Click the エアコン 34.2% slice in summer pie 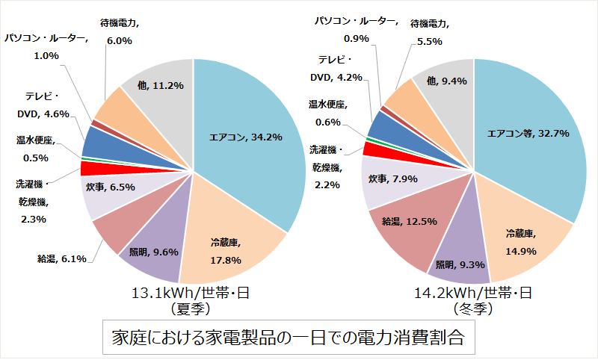(247, 138)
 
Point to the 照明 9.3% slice (456, 264)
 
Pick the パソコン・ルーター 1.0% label (46, 46)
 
